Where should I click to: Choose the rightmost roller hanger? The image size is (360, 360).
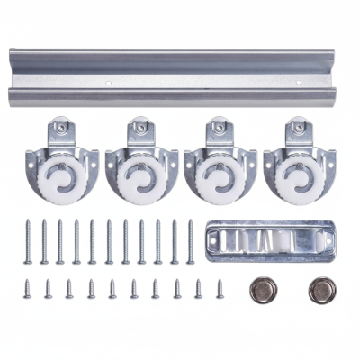(298, 166)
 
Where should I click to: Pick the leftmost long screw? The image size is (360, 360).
(28, 241)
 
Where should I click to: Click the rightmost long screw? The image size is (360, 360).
(190, 241)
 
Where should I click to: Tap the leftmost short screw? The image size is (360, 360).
(26, 288)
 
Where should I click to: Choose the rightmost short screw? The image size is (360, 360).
(220, 288)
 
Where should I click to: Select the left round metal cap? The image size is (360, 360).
(264, 290)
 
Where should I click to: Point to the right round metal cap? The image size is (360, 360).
(320, 290)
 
